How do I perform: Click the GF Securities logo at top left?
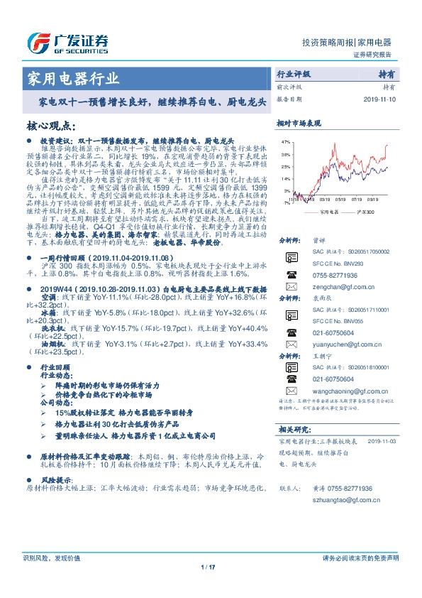click(67, 41)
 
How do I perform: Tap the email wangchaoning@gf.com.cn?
click(347, 391)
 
